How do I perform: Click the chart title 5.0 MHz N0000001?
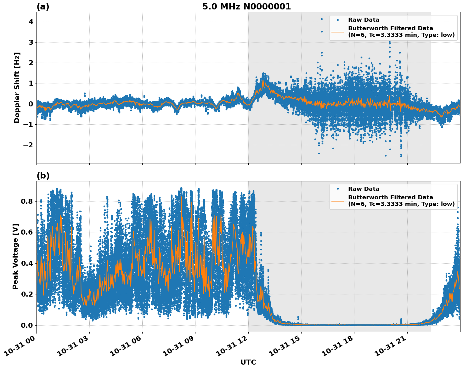[246, 7]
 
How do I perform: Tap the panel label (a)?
[43, 7]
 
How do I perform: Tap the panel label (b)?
[43, 176]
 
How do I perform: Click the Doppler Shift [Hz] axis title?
[17, 88]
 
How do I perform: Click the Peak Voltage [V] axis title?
[15, 256]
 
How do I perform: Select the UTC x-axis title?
[248, 362]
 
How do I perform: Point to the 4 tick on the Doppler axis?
[31, 22]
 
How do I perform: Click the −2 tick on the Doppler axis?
[28, 145]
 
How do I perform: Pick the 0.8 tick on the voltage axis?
[27, 201]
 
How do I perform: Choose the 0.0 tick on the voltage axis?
[27, 325]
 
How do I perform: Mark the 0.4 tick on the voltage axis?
[27, 263]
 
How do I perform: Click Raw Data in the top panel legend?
[364, 20]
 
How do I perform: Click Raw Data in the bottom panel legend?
[364, 189]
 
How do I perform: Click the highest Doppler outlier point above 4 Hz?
[322, 19]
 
